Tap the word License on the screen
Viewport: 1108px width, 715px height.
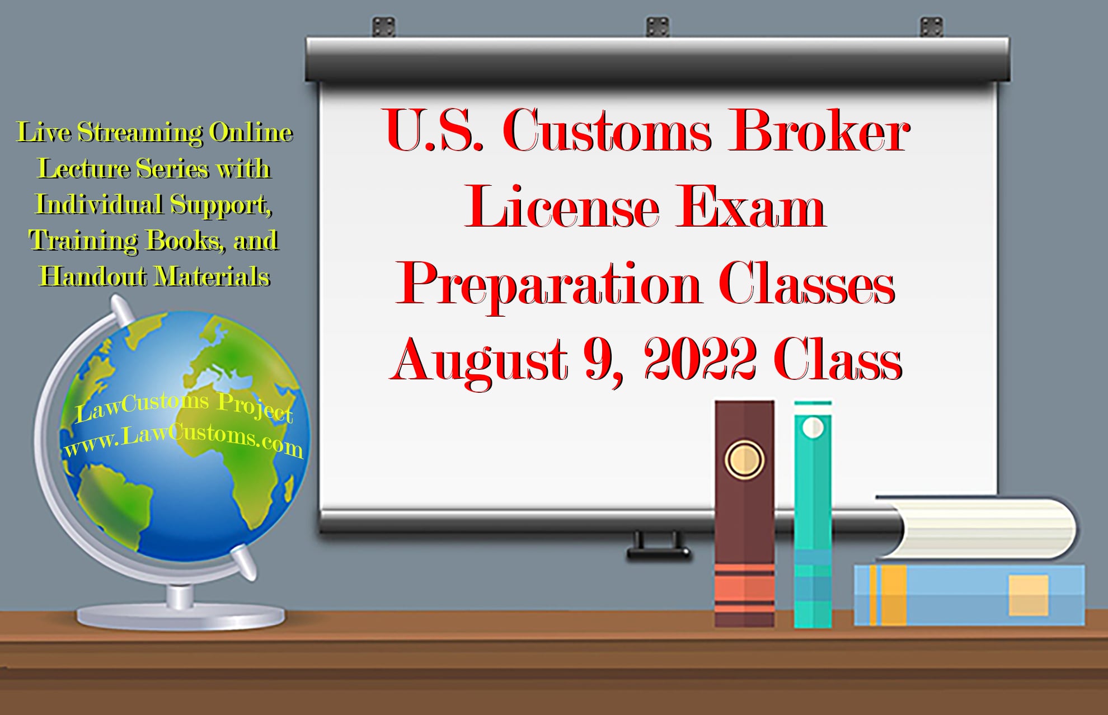point(561,209)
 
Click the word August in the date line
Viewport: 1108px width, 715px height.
point(480,361)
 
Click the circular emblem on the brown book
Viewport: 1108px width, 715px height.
point(744,459)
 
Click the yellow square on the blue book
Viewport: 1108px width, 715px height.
point(1028,595)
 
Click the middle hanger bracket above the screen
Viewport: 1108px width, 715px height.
point(658,26)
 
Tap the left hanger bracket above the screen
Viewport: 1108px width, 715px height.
point(383,26)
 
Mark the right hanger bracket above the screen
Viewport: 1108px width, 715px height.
point(931,26)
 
